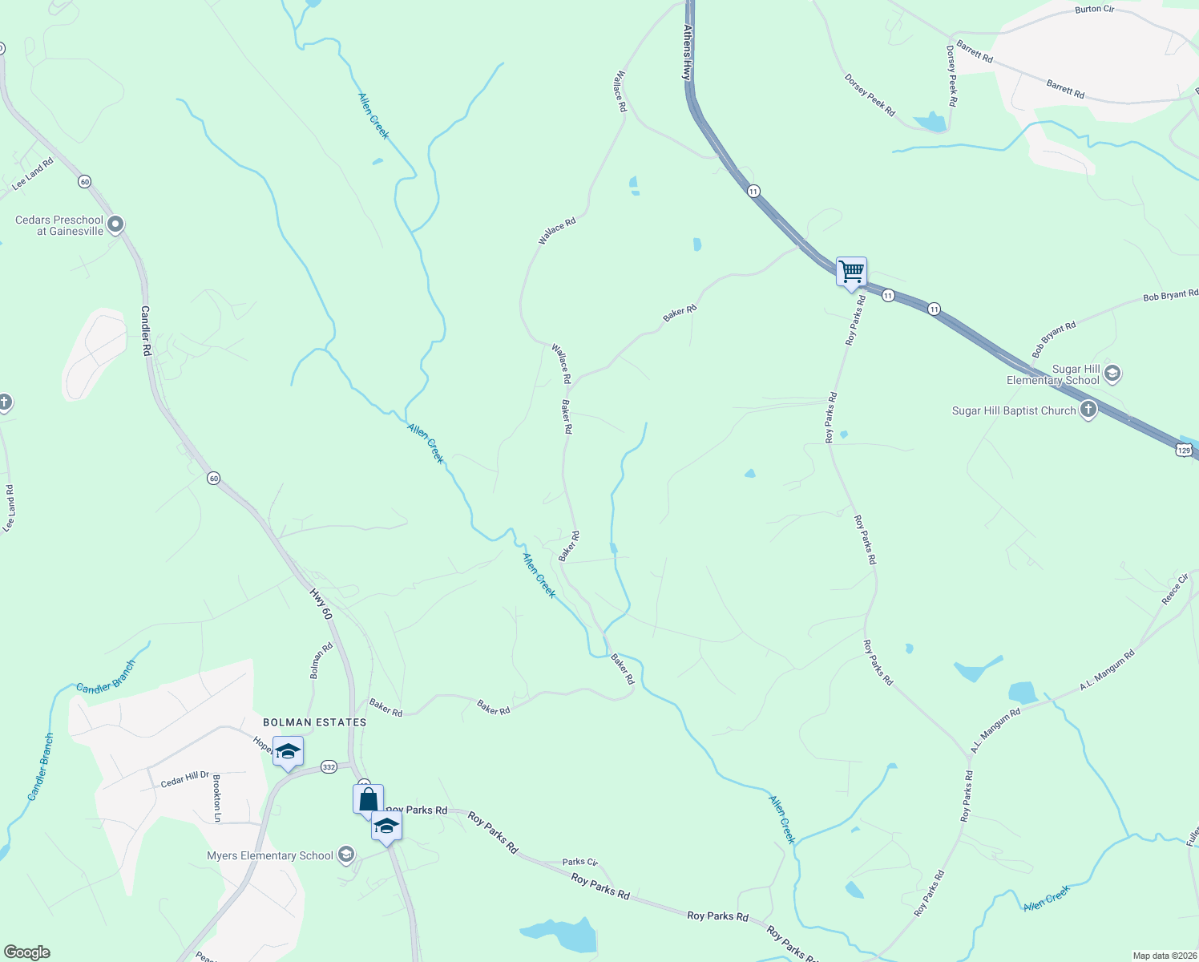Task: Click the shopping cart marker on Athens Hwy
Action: click(851, 272)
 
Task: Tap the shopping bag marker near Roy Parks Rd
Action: click(368, 799)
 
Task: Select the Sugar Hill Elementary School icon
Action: click(1112, 374)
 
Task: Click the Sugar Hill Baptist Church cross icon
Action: click(1088, 410)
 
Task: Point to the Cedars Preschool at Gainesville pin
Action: click(115, 225)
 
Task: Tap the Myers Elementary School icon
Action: click(346, 855)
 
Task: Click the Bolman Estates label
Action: click(315, 722)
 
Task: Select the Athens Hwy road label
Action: click(687, 51)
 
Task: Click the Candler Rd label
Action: click(146, 330)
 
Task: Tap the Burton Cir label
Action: click(1094, 10)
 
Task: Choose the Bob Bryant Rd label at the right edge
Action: click(1170, 296)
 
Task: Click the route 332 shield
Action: click(329, 767)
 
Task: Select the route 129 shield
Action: click(1185, 451)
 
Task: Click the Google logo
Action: click(27, 952)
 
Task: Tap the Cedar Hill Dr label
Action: click(185, 779)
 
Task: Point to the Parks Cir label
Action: click(579, 862)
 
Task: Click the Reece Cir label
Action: click(1175, 589)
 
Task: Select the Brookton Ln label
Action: click(216, 798)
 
